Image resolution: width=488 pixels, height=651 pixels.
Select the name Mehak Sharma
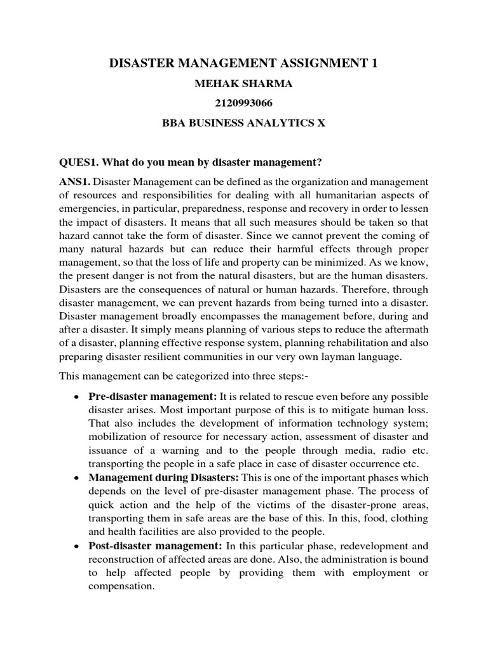tap(243, 83)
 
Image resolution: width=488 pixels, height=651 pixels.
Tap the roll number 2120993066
tap(243, 102)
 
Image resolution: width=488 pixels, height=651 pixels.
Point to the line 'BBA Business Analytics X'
tap(243, 123)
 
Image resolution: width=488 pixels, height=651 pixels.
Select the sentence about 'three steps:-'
tap(172, 376)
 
